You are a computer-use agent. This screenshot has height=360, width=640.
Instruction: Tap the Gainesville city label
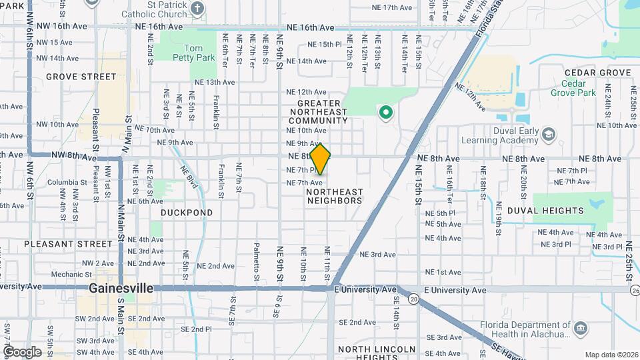121,289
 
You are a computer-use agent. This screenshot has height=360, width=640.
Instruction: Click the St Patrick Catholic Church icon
197,9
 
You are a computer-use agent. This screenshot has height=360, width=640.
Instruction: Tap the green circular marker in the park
385,112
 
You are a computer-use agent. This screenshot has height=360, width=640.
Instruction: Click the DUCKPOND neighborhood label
187,213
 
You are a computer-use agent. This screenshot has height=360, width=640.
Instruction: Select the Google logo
22,352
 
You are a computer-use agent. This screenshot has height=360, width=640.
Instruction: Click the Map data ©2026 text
611,355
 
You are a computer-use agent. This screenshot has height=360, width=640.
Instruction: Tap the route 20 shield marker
414,300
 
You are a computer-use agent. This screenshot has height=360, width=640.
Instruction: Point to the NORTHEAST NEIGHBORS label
335,195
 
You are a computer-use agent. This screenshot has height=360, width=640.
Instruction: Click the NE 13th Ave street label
215,83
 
